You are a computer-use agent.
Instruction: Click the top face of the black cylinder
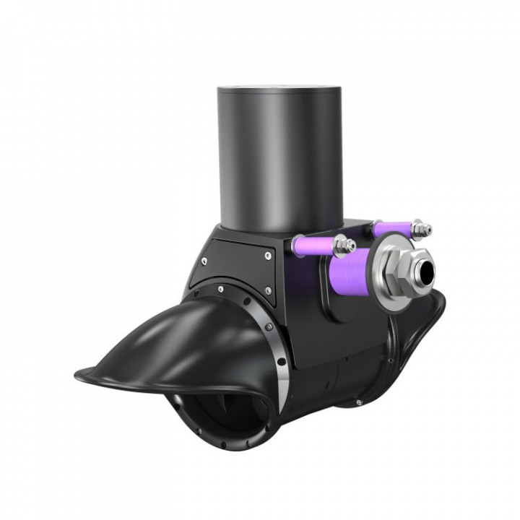coord(278,89)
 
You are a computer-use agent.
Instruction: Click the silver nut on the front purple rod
coord(344,246)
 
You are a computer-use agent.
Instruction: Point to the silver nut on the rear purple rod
coord(422,229)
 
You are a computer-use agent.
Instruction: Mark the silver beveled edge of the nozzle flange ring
coord(279,368)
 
